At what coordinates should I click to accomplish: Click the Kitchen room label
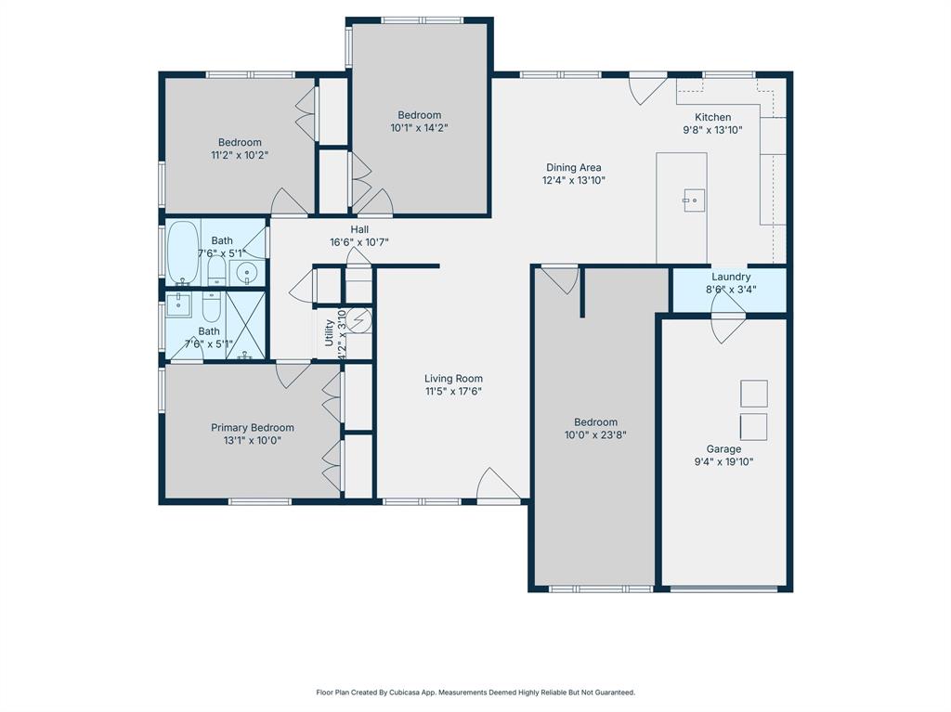(712, 117)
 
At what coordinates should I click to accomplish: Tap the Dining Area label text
(573, 167)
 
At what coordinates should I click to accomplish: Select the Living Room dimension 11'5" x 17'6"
(453, 392)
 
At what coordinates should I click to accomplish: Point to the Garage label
(723, 449)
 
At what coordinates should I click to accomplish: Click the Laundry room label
(731, 277)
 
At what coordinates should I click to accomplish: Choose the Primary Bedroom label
(252, 428)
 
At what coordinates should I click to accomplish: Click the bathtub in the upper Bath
(183, 252)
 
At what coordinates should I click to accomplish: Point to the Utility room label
(329, 332)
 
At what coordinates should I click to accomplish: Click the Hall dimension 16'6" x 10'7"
(358, 242)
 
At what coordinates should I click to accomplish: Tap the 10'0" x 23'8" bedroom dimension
(595, 434)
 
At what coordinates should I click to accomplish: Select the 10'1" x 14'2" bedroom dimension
(419, 128)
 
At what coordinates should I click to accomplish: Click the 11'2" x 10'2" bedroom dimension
(240, 156)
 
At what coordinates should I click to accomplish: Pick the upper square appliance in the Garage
(753, 394)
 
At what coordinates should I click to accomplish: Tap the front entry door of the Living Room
(499, 486)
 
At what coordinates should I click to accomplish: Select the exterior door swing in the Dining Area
(647, 89)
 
